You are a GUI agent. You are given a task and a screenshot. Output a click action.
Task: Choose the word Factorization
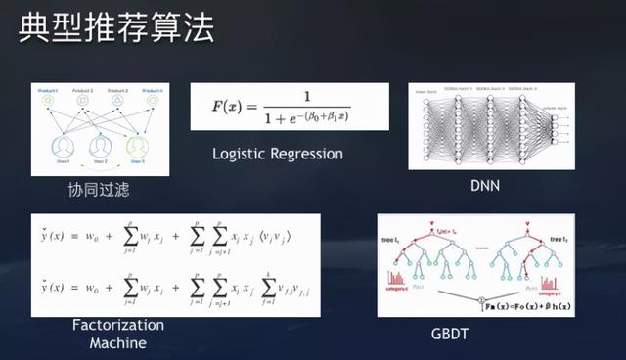coord(117,325)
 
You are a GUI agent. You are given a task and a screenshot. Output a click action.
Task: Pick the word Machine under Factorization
coord(117,342)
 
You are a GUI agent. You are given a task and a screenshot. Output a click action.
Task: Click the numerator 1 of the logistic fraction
coord(306,98)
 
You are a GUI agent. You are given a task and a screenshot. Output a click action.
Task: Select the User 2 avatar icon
coord(100,146)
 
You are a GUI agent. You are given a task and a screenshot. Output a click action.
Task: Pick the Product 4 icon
coord(153,99)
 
